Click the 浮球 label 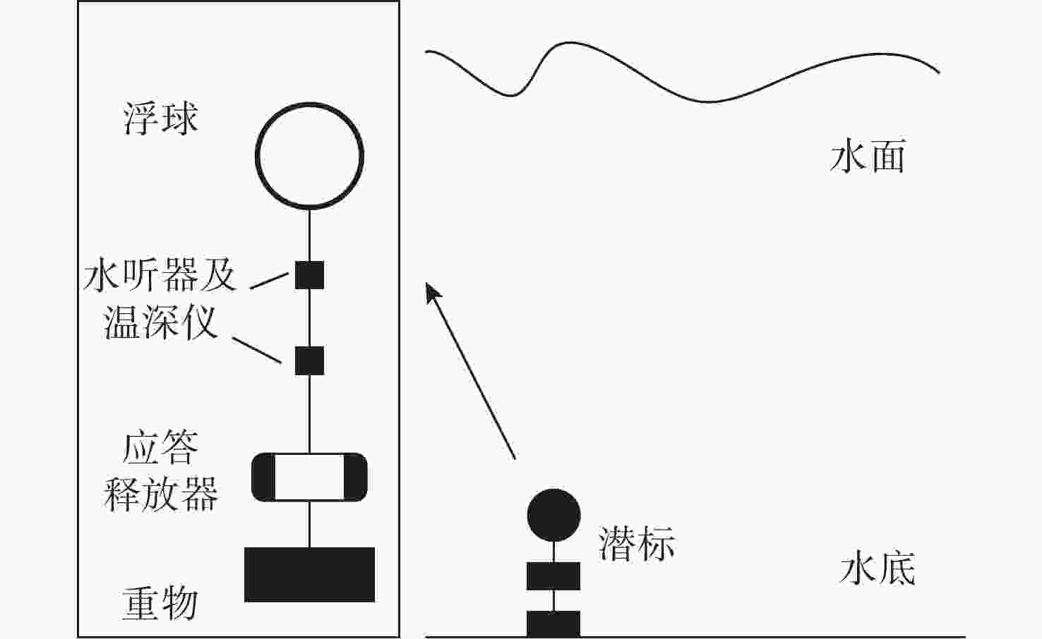tap(161, 118)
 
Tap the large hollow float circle tap(309, 156)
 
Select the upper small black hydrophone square tap(309, 275)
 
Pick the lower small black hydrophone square tap(309, 360)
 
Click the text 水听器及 tap(160, 275)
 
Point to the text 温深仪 tap(161, 323)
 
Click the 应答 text tap(161, 448)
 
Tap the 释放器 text tap(161, 494)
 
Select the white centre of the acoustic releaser tap(309, 477)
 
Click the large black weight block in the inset tap(309, 574)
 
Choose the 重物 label tap(160, 604)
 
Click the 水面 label tap(868, 157)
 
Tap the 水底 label tap(878, 569)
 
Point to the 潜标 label tap(637, 544)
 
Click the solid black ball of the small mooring tap(554, 515)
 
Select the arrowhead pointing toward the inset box tap(433, 291)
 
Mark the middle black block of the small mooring tap(553, 576)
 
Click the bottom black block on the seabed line tap(553, 624)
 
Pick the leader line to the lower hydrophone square tap(258, 351)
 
